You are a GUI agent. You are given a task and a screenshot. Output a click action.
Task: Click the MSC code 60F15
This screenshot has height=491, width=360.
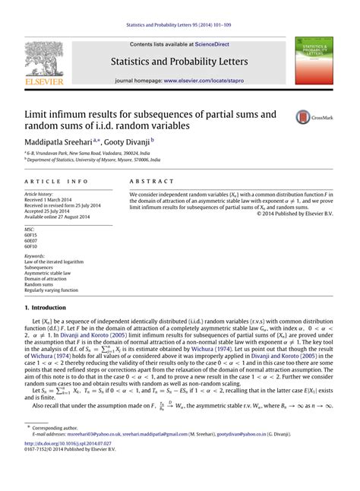pyautogui.click(x=31, y=234)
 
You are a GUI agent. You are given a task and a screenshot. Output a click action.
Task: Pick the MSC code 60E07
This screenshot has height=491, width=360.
pyautogui.click(x=31, y=240)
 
